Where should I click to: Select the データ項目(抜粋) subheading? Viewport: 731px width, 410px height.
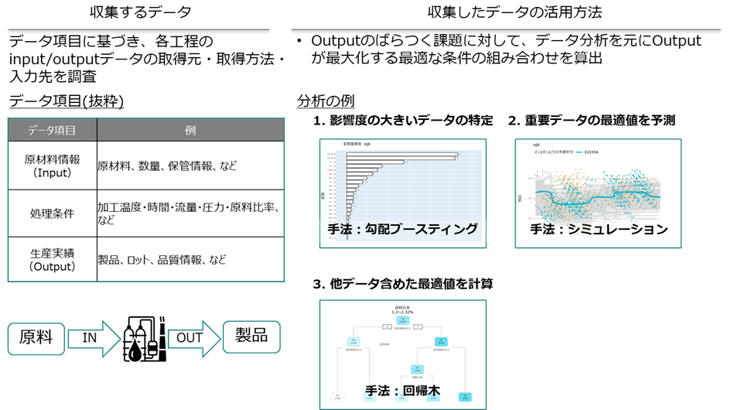(67, 101)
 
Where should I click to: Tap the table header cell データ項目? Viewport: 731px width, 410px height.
(52, 130)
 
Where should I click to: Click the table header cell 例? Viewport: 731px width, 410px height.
(190, 130)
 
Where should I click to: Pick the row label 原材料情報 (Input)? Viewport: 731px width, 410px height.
(53, 166)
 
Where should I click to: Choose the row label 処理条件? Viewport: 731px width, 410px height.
(53, 214)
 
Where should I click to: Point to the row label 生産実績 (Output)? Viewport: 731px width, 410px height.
(53, 260)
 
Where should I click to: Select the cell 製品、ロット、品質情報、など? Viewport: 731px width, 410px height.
(162, 260)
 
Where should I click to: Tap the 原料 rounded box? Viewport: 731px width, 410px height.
(36, 338)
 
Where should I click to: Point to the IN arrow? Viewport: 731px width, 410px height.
(91, 338)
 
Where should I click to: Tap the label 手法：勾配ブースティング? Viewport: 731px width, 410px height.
(402, 229)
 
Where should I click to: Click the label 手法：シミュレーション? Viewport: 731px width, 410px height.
(598, 229)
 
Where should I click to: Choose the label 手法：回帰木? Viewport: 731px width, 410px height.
(402, 391)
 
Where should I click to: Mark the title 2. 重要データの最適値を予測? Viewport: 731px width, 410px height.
(592, 121)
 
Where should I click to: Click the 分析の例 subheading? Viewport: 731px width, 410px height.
(326, 101)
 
